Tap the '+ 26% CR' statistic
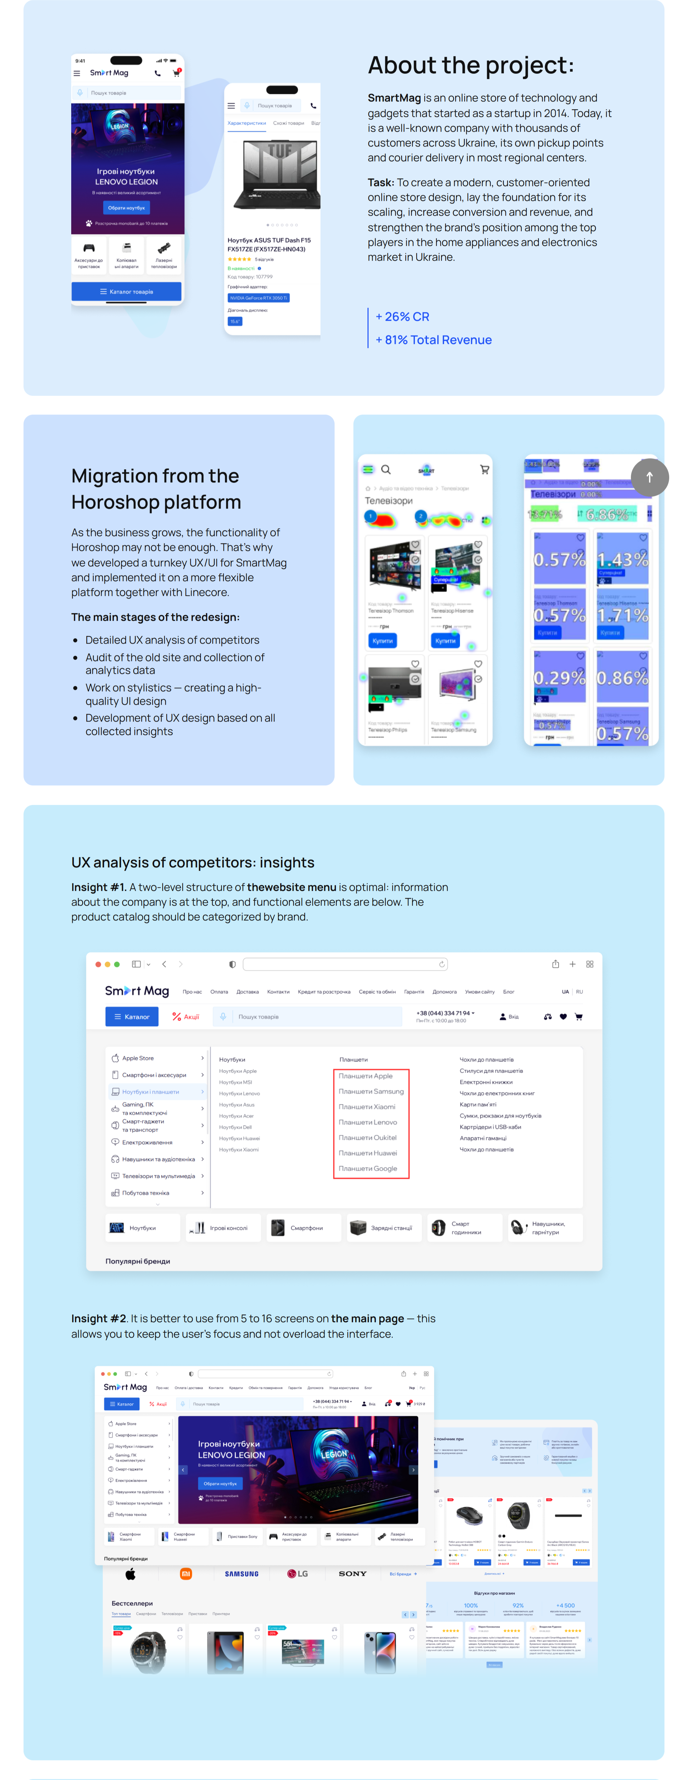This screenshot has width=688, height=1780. point(402,316)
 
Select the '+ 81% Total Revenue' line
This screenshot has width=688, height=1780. point(433,340)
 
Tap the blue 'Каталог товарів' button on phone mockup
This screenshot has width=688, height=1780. point(126,292)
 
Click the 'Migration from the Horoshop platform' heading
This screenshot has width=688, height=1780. point(156,488)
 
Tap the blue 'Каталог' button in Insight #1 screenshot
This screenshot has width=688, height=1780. point(132,1016)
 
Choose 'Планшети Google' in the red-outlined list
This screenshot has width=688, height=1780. point(368,1168)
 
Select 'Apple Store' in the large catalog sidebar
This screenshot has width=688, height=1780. point(137,1058)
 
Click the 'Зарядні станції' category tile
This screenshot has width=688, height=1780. point(384,1228)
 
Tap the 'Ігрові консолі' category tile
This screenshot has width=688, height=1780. point(222,1228)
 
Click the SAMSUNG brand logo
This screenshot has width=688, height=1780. point(242,1574)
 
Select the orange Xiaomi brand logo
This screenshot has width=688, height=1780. point(186,1574)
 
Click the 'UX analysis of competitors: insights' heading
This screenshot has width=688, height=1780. point(193,862)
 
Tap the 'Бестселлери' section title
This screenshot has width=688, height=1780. point(132,1603)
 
